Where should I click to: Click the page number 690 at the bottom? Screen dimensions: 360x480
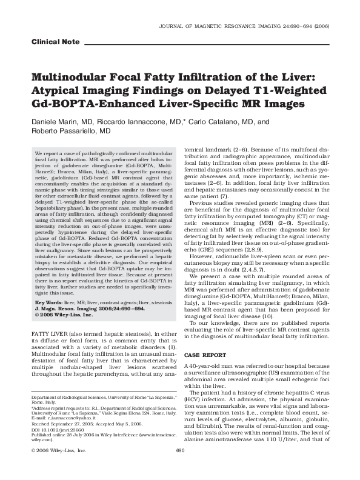(179, 467)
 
